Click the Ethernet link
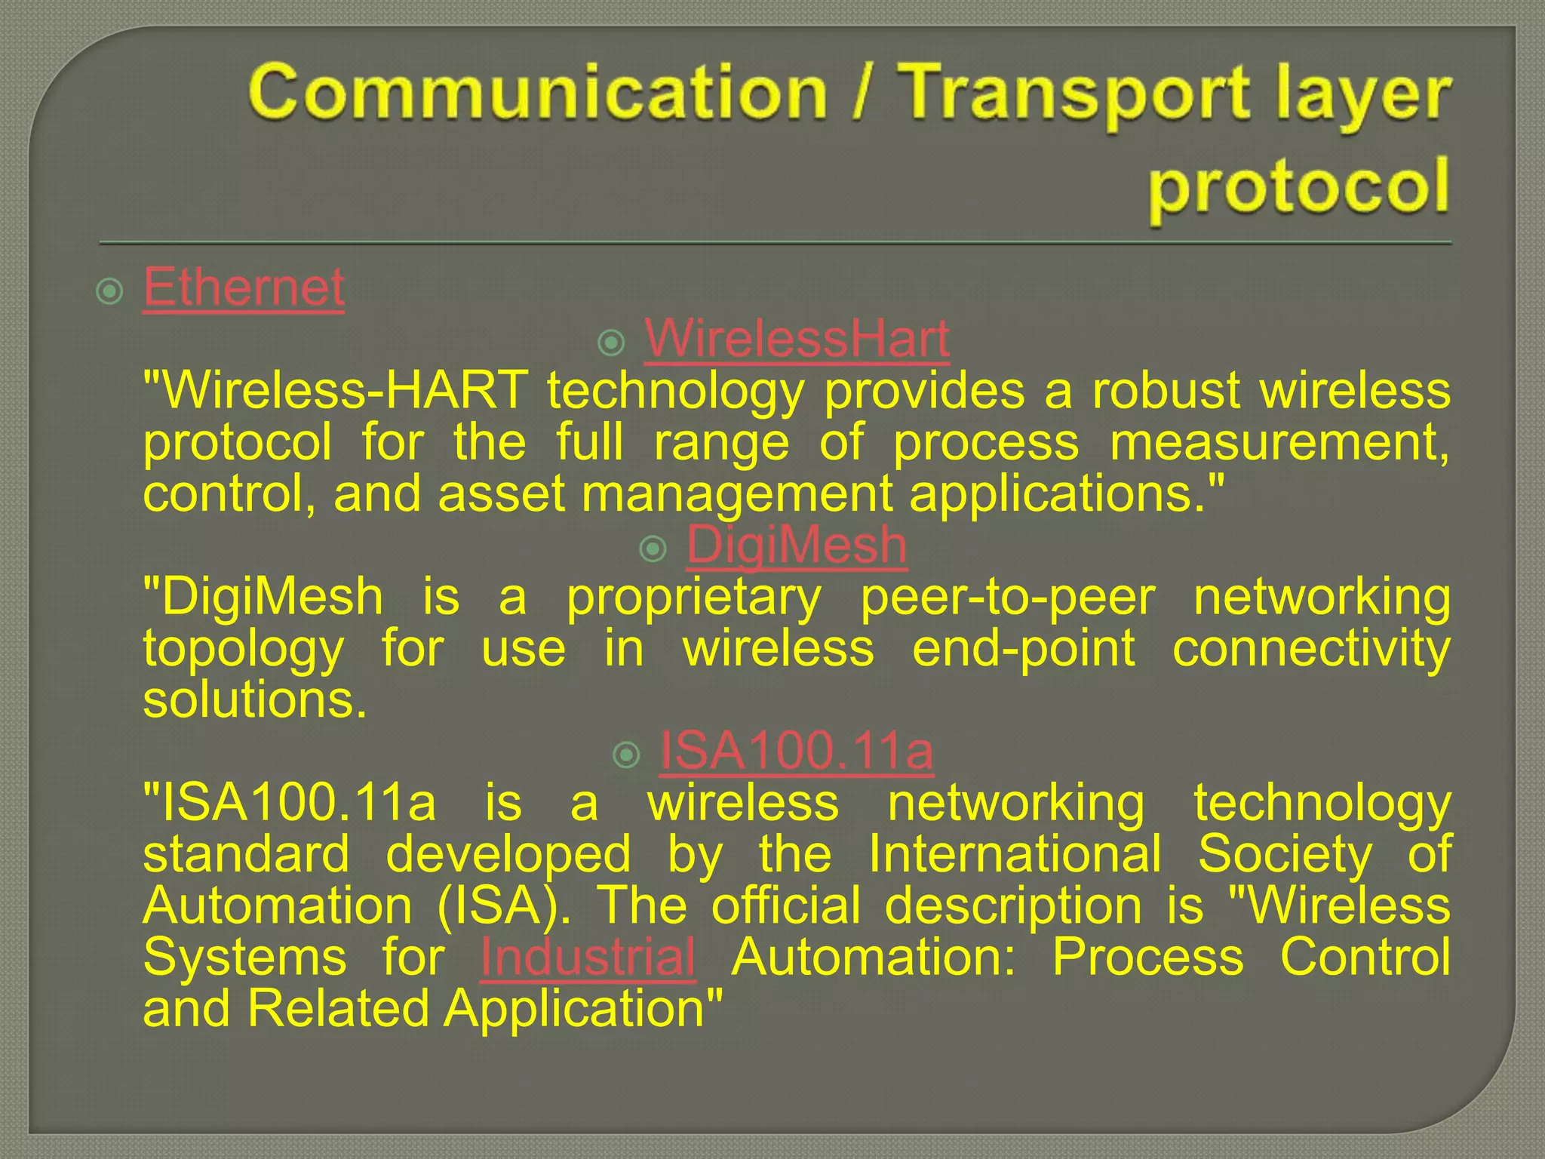244,287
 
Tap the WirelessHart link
797,339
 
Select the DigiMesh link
797,545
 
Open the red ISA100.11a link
797,751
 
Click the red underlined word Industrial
588,957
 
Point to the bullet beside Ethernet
110,291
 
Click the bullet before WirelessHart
612,344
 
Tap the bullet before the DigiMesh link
653,549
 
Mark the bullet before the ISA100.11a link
627,755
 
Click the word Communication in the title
537,92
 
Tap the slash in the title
866,94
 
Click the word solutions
254,699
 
